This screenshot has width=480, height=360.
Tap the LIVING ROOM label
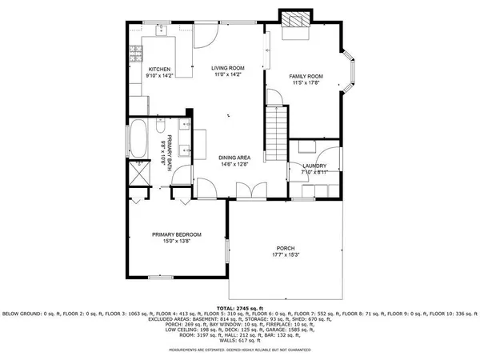coord(227,69)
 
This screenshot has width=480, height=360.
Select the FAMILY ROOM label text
coord(304,76)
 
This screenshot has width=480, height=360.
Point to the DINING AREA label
coord(234,158)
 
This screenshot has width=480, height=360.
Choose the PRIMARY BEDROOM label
coord(177,234)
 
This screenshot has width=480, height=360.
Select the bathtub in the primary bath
coord(138,139)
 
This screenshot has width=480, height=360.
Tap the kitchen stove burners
coord(135,54)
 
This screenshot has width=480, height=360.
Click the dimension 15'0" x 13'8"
coord(177,241)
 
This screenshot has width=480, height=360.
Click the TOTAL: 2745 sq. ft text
coord(240,308)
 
